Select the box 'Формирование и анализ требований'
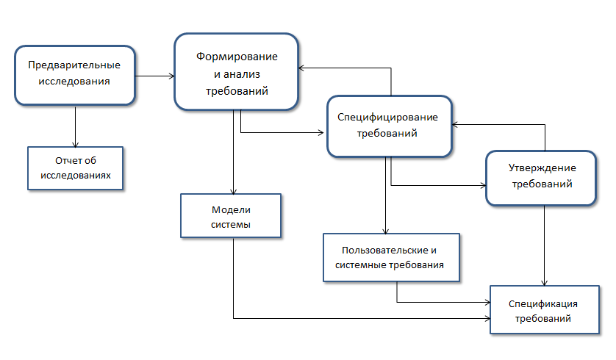pos(236,72)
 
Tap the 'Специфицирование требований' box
pos(387,125)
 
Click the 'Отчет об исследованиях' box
pos(76,168)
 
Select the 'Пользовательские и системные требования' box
pos(392,258)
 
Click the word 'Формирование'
pos(237,57)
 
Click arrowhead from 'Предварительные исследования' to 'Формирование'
pos(171,76)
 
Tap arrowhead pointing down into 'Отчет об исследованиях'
pos(75,143)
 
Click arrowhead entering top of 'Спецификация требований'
pos(545,283)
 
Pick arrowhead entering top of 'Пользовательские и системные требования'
pos(386,230)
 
